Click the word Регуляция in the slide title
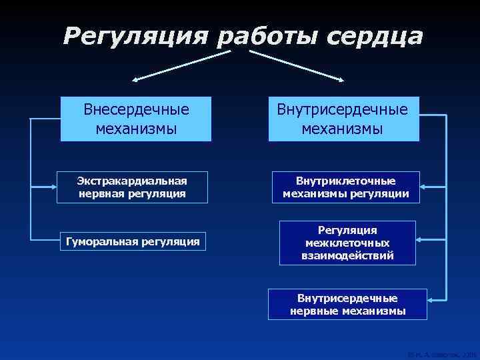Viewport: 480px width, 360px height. tap(137, 37)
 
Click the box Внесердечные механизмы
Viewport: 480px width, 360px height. tap(136, 119)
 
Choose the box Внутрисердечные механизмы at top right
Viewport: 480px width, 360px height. tap(343, 119)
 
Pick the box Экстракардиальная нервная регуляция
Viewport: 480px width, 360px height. tap(131, 187)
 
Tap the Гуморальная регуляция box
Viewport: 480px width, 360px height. tap(131, 241)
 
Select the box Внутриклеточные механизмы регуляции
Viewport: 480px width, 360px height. tap(346, 187)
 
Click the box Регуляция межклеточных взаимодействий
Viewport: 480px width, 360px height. tap(347, 243)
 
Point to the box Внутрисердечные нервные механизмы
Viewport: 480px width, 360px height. tap(347, 304)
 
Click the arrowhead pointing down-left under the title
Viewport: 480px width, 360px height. tap(136, 79)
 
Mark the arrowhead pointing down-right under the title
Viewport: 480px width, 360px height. tap(342, 79)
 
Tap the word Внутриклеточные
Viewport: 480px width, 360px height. tap(346, 181)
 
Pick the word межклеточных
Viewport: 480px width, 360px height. tap(347, 243)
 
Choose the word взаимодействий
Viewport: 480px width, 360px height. tap(347, 255)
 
